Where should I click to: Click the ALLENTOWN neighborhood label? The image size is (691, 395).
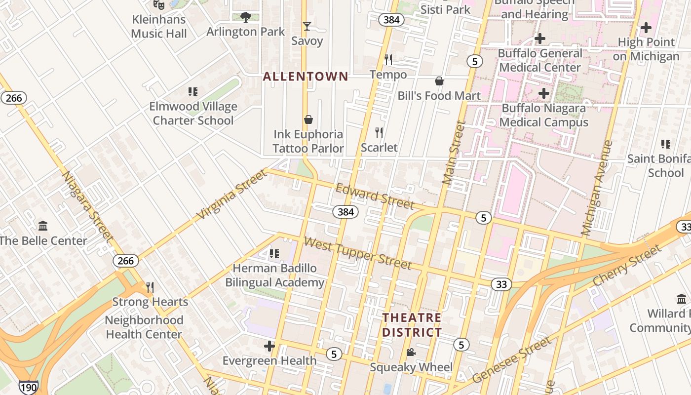click(x=306, y=77)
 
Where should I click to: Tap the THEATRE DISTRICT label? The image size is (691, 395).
click(x=412, y=325)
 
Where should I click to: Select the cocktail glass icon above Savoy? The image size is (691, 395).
click(x=307, y=26)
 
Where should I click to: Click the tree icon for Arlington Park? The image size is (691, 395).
click(x=245, y=17)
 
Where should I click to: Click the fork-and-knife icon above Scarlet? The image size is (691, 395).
click(x=379, y=132)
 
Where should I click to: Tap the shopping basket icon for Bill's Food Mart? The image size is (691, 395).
click(x=439, y=81)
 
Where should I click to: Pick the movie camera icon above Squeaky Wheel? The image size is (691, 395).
click(x=411, y=353)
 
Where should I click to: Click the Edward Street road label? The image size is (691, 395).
click(x=375, y=196)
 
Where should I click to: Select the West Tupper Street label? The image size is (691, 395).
click(x=358, y=253)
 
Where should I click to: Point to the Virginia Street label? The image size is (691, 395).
click(x=231, y=194)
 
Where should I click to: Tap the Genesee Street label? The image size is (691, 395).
click(x=511, y=360)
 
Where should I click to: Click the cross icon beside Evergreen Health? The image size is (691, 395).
click(x=269, y=346)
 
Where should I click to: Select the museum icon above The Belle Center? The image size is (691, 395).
click(x=43, y=226)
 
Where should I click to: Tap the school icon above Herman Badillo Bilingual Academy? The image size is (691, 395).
click(x=274, y=254)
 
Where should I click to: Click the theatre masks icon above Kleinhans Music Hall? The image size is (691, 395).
click(x=158, y=5)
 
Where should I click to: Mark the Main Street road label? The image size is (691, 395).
click(x=454, y=153)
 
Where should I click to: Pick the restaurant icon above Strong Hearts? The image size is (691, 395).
click(x=150, y=287)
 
